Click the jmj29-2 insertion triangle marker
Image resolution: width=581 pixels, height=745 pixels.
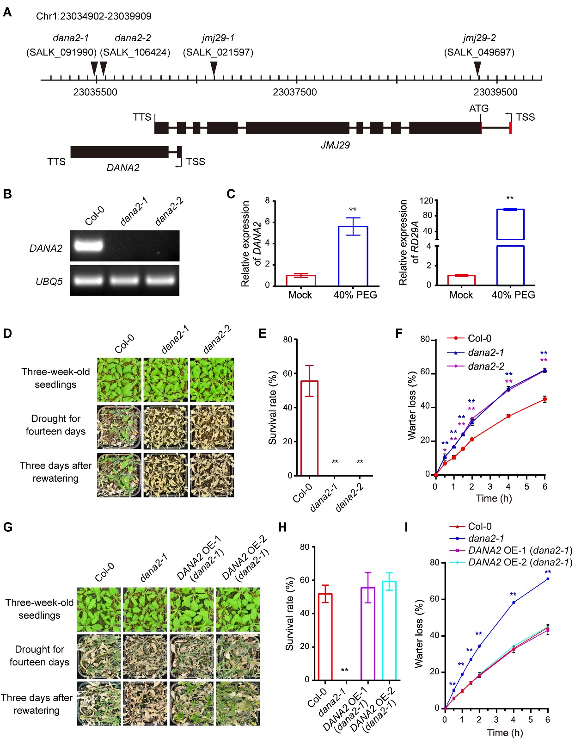pyautogui.click(x=477, y=68)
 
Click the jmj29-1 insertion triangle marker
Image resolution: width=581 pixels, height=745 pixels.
pyautogui.click(x=214, y=68)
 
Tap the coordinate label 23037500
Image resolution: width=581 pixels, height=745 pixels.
pyautogui.click(x=294, y=92)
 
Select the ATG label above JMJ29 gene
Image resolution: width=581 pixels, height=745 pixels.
pyautogui.click(x=478, y=108)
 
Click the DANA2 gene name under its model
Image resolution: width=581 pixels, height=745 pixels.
pyautogui.click(x=122, y=168)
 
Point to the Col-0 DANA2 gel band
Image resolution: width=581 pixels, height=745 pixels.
pyautogui.click(x=88, y=245)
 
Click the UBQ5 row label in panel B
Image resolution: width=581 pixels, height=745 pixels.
pyautogui.click(x=49, y=281)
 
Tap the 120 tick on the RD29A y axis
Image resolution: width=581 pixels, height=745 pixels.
pyautogui.click(x=426, y=201)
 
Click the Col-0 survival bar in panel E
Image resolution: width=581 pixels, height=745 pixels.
pyautogui.click(x=309, y=428)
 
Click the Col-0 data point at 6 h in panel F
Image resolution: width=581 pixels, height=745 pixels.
pyautogui.click(x=545, y=399)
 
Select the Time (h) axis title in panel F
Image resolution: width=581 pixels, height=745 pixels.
pyautogui.click(x=494, y=498)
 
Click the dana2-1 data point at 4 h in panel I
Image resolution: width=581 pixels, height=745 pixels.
pyautogui.click(x=514, y=602)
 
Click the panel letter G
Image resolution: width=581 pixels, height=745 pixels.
pyautogui.click(x=8, y=527)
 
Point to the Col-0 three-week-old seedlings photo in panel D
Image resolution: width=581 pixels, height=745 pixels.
pyautogui.click(x=119, y=379)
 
